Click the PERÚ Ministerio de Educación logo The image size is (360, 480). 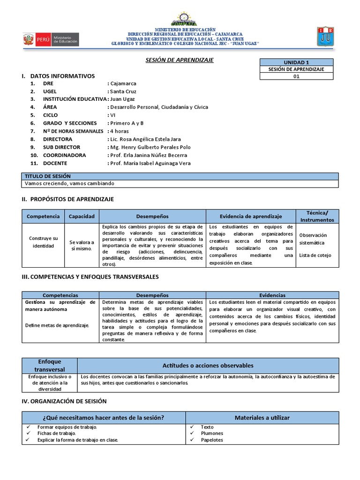[51, 39]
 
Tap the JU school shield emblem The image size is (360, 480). [325, 36]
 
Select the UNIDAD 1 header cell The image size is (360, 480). [296, 62]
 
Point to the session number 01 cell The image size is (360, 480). [296, 76]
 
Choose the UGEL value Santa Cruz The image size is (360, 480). [123, 91]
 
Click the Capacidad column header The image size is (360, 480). [82, 216]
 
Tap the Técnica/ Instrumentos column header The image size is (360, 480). [317, 216]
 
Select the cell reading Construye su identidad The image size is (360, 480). [43, 242]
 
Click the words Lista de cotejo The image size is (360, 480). [315, 255]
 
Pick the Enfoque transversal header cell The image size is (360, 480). [50, 365]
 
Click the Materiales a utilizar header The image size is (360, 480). [262, 417]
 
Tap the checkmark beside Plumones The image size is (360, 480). [193, 434]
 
